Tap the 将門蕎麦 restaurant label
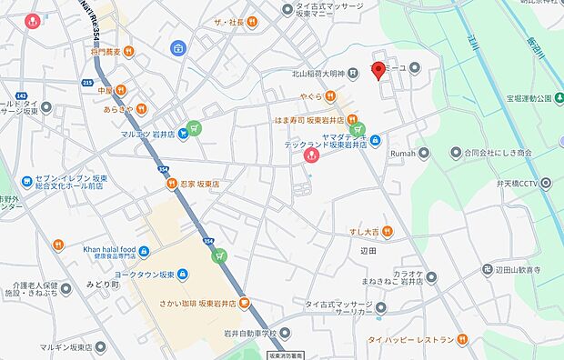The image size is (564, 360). (111, 53)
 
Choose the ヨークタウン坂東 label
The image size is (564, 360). (140, 275)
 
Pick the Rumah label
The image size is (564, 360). (403, 153)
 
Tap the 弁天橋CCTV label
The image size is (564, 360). (514, 183)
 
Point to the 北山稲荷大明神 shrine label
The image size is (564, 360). (307, 73)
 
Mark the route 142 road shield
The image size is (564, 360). (19, 94)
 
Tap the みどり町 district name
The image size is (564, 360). (103, 284)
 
